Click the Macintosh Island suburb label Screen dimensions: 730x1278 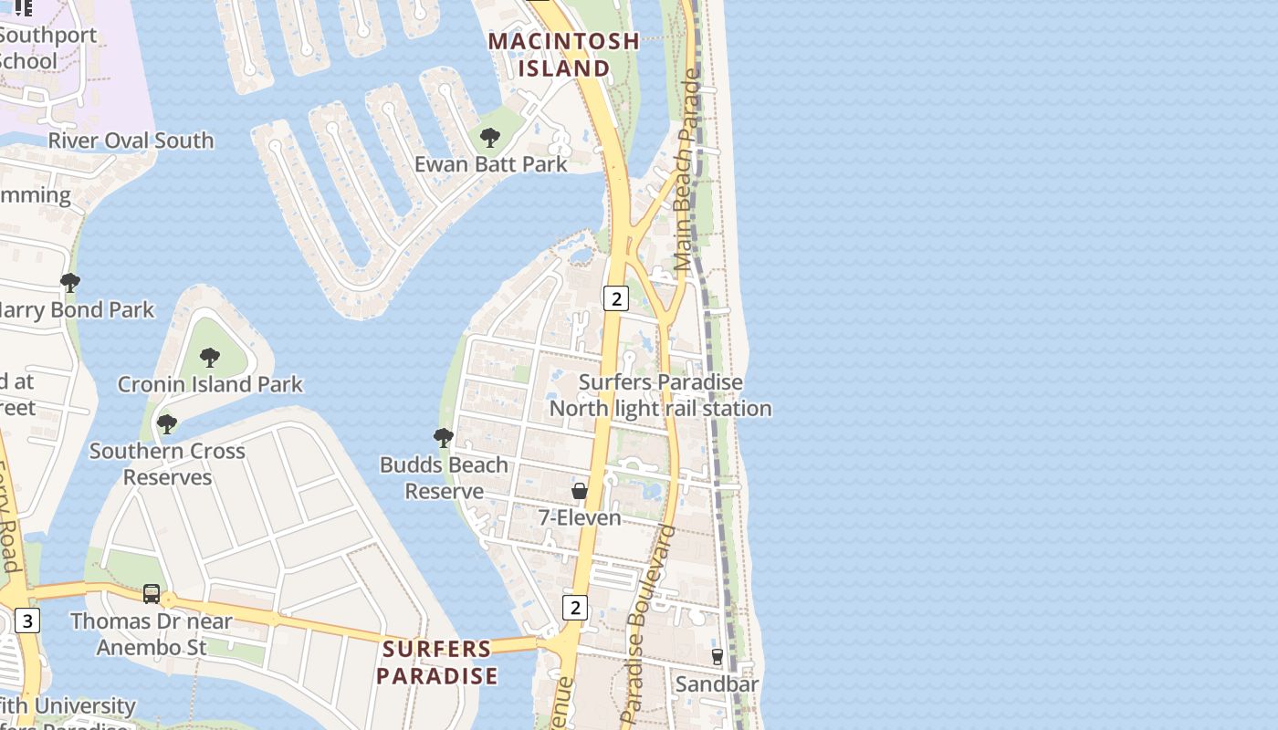(x=563, y=55)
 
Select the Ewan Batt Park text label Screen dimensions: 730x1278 (x=490, y=164)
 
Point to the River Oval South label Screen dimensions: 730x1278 (x=131, y=141)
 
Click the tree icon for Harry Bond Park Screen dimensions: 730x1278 (x=69, y=283)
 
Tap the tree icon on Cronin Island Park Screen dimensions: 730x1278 (x=210, y=357)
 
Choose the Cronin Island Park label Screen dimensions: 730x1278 (x=210, y=384)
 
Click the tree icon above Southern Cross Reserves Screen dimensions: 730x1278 (x=166, y=424)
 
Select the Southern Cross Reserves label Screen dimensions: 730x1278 (x=167, y=464)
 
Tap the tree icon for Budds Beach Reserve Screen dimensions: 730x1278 (x=444, y=438)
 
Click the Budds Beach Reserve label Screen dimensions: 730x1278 (x=444, y=478)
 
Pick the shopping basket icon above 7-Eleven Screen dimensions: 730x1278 (x=580, y=491)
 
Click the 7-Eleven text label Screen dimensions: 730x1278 (x=580, y=518)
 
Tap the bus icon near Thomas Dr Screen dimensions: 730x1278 (x=152, y=594)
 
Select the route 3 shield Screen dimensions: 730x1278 (x=27, y=621)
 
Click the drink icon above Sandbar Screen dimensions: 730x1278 (x=718, y=656)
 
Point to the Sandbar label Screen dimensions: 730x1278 (x=717, y=683)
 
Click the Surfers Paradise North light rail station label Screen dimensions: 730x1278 (x=661, y=395)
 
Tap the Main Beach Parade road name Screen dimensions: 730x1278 (x=686, y=171)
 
